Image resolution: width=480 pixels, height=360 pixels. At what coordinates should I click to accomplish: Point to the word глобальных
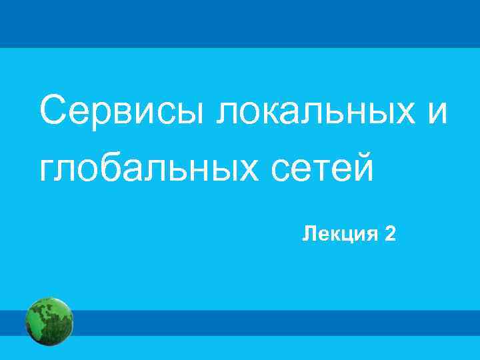pyautogui.click(x=143, y=167)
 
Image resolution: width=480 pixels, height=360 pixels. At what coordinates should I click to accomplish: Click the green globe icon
pyautogui.click(x=49, y=321)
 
